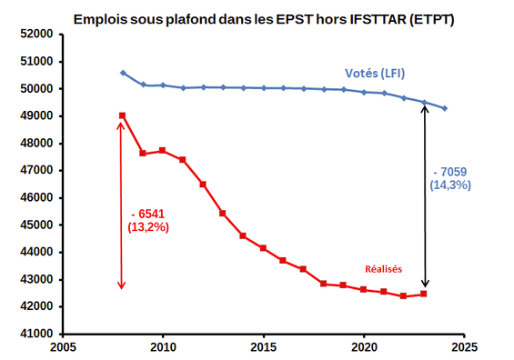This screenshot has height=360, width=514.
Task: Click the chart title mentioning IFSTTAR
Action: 263,17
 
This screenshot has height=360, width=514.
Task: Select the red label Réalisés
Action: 384,268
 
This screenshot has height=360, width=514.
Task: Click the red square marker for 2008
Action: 123,115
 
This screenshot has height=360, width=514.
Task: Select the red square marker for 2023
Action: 423,294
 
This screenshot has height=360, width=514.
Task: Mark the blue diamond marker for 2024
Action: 444,108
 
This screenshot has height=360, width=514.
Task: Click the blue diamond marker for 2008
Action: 123,73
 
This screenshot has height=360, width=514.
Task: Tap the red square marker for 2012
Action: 203,184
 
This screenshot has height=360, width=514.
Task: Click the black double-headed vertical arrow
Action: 424,196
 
